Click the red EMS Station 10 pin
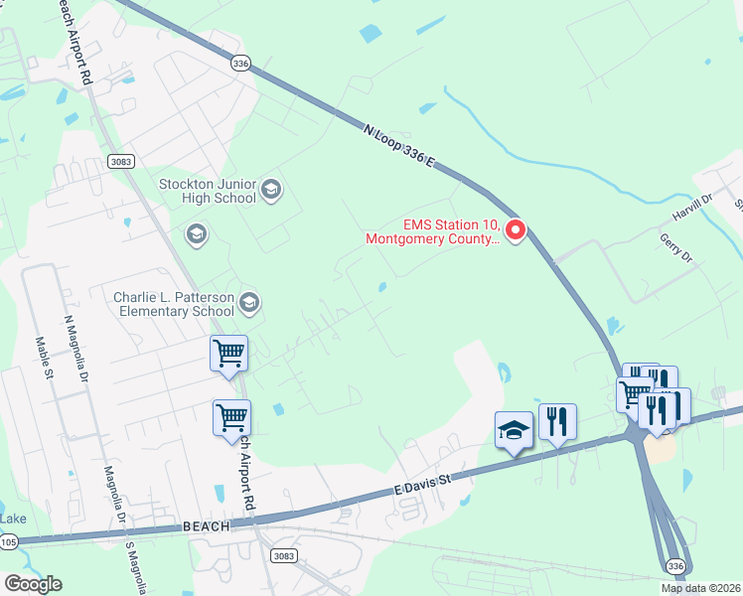point(515,230)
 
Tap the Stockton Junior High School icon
point(271,189)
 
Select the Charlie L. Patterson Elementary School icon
point(248,302)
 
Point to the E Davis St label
point(423,483)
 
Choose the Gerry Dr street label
point(675,246)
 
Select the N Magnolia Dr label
point(75,349)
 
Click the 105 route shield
point(8,541)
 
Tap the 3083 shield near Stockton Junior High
point(120,161)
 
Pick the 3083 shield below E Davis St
point(284,556)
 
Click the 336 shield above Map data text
point(675,565)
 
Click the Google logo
point(33,584)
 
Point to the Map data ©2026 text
point(700,588)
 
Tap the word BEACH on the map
point(207,525)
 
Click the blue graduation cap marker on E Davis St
point(514,429)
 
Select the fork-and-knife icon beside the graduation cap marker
point(557,421)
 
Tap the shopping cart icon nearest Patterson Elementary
point(228,353)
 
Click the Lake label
point(13,519)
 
